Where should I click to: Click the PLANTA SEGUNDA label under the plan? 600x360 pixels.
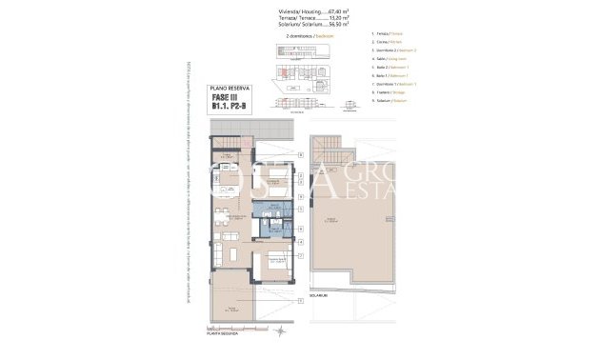click(x=225, y=334)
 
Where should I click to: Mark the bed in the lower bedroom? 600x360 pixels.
click(x=275, y=262)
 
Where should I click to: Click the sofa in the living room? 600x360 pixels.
click(x=225, y=235)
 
